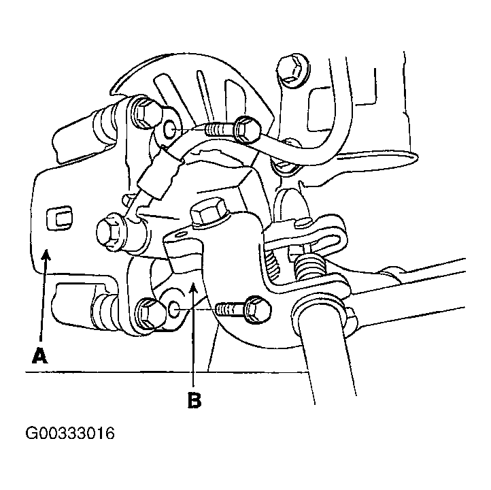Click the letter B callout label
pyautogui.click(x=194, y=399)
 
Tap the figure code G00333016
pyautogui.click(x=70, y=434)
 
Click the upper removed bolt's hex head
pyautogui.click(x=248, y=128)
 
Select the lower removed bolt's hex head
pyautogui.click(x=258, y=309)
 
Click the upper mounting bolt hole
pyautogui.click(x=170, y=129)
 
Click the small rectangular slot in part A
pyautogui.click(x=59, y=218)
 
